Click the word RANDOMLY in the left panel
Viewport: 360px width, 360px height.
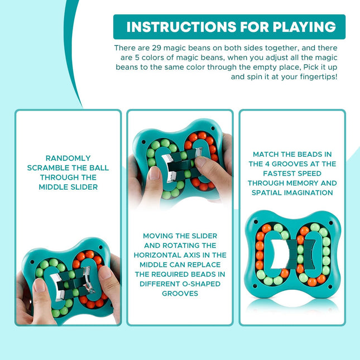[x=68, y=159]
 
